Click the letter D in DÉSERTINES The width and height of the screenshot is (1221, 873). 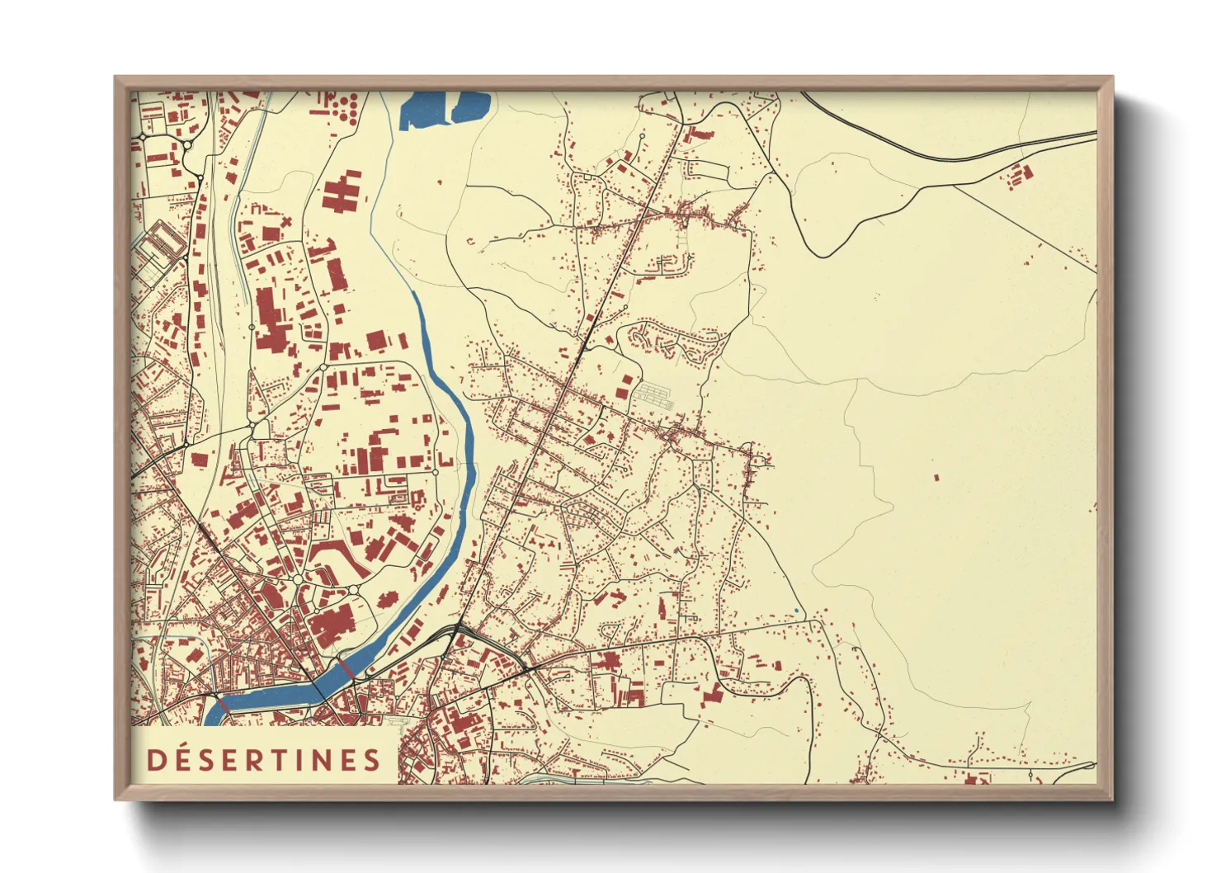point(156,760)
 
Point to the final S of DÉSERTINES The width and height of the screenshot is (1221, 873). point(372,760)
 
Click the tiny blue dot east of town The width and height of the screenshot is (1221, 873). point(796,611)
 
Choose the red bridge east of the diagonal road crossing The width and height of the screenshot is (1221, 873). point(346,668)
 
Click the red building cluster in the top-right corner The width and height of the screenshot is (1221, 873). point(1021,174)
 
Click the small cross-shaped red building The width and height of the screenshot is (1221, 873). point(285,222)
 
